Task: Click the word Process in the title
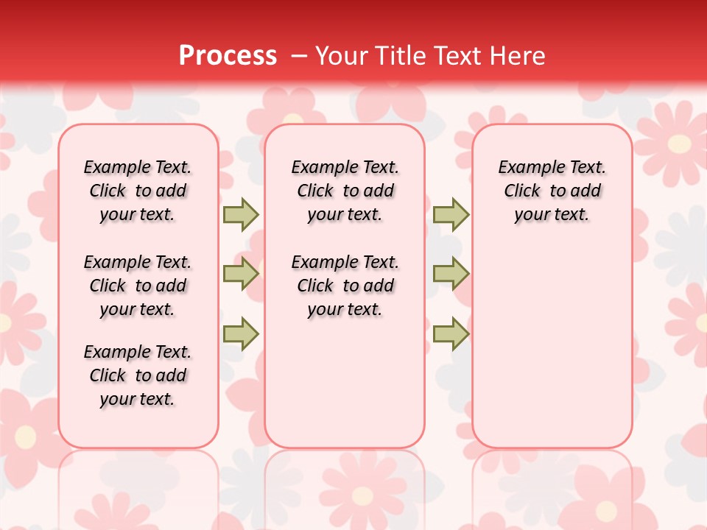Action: (x=228, y=56)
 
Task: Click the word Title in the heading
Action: (x=403, y=56)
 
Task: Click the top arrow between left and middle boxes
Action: (x=241, y=214)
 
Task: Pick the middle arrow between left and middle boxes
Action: (x=241, y=274)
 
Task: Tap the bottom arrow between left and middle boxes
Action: (x=241, y=333)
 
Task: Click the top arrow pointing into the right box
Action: (x=451, y=214)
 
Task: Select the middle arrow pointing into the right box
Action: (x=451, y=274)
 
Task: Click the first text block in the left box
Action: (x=138, y=191)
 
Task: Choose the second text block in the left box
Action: (x=138, y=286)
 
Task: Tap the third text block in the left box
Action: (x=138, y=375)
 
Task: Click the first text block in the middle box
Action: (x=345, y=191)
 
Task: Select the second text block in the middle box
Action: (x=345, y=286)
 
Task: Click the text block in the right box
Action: (x=552, y=191)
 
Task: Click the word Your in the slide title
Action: (x=342, y=56)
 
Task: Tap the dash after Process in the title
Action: (x=298, y=56)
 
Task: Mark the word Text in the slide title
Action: (x=457, y=56)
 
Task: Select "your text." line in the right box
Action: (x=552, y=215)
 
